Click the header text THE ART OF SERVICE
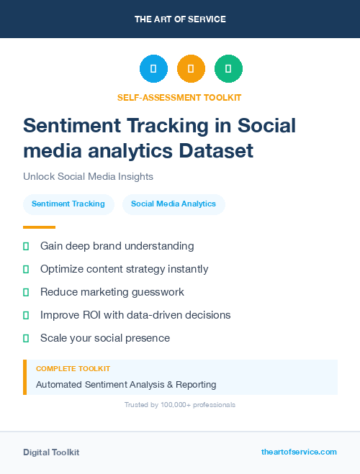[180, 19]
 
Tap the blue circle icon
[153, 69]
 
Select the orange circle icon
[191, 69]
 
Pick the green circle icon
[228, 69]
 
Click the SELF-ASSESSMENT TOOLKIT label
[179, 97]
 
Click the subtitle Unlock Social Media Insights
[88, 176]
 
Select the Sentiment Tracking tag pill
[68, 204]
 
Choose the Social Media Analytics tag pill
[174, 204]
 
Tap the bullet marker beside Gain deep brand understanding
[26, 246]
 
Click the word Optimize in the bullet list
[62, 269]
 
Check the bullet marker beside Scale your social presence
[26, 338]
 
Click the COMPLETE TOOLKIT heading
[71, 369]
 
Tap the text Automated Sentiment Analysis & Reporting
[126, 385]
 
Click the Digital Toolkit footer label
[51, 452]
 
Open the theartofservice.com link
[299, 452]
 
